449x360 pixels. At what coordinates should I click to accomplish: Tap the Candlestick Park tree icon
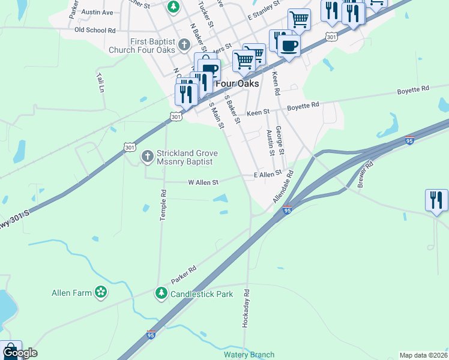coord(161,293)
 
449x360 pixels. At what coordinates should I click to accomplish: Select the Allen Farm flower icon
coord(101,293)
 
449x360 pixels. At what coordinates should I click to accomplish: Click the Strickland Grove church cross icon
coord(147,157)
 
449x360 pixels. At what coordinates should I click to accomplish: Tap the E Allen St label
coord(268,174)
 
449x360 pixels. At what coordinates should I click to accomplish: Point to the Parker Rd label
coord(184,275)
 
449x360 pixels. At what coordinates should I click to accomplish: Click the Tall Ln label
coord(100,83)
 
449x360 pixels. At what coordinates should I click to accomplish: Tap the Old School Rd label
coord(95,30)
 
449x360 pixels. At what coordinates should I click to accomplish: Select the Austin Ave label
coord(97,12)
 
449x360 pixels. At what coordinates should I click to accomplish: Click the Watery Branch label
coord(249,355)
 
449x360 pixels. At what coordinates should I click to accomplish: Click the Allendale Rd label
coord(283,187)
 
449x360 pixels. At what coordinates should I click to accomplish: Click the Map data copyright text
coord(423,355)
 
